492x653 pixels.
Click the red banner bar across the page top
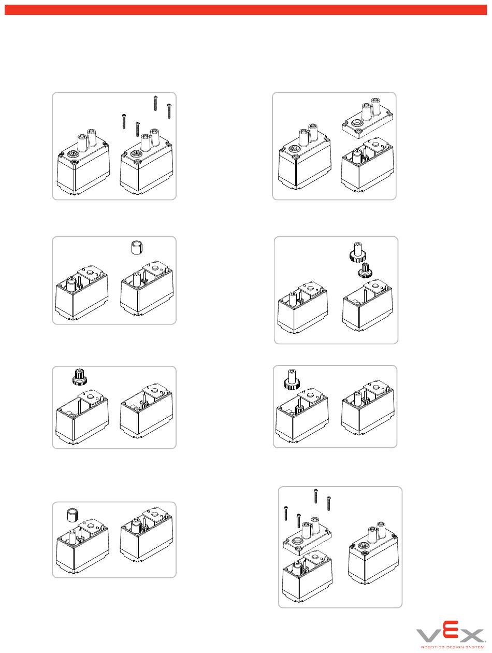click(246, 10)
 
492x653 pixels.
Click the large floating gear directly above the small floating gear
click(358, 252)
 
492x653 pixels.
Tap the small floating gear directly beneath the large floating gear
click(364, 270)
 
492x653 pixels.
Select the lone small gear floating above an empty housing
click(79, 377)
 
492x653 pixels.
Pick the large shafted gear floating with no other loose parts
click(292, 379)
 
